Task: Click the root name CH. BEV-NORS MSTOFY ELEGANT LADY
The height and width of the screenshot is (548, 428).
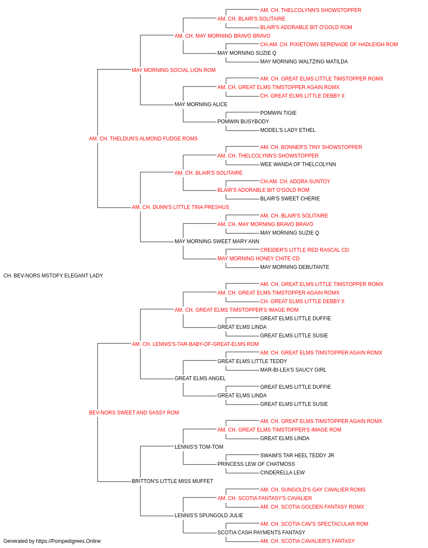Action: point(53,276)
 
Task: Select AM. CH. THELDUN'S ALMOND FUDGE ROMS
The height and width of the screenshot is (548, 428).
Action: point(143,139)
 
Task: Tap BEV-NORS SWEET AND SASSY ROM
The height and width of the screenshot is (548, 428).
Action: point(134,413)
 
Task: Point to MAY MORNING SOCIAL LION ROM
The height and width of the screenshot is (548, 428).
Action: point(174,70)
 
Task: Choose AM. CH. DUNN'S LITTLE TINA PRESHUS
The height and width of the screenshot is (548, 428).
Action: point(181,207)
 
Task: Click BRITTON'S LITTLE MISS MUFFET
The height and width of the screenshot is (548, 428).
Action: point(172,481)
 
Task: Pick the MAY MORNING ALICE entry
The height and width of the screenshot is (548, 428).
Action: point(201,104)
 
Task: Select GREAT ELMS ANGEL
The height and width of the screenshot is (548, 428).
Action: point(200,378)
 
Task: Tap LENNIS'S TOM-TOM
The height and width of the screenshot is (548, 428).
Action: point(199,447)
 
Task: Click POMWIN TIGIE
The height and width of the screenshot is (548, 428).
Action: point(278,113)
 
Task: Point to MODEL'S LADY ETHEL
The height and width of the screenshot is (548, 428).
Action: point(288,130)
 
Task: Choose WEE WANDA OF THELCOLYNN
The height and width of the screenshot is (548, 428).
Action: point(298,164)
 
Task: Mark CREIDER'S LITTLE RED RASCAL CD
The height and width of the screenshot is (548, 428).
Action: point(304,250)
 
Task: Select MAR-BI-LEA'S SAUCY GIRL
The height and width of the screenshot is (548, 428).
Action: point(293,370)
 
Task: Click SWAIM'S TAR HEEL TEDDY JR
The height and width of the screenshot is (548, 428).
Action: point(297,456)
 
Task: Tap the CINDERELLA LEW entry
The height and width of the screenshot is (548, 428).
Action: point(282,473)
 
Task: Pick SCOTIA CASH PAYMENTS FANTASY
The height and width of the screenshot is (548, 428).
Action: point(262,532)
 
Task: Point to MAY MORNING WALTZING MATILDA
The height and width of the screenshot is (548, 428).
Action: point(304,62)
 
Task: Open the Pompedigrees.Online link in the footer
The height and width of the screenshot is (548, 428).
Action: point(68,541)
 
